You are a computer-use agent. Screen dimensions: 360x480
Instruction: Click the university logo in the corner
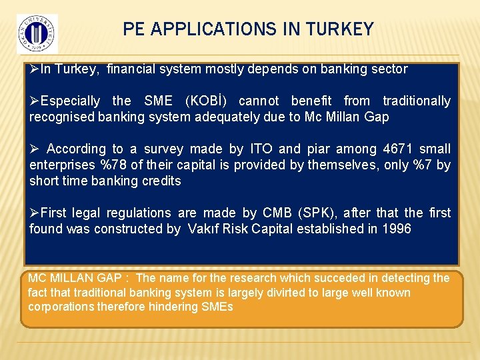pos(37,32)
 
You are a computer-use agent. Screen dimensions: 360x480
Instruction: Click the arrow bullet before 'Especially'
pos(34,101)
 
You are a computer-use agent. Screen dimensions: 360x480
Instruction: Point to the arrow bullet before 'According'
pos(34,149)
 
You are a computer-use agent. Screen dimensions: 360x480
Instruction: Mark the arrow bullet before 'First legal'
pos(34,213)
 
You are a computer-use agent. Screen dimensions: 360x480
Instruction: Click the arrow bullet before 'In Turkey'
pos(34,69)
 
